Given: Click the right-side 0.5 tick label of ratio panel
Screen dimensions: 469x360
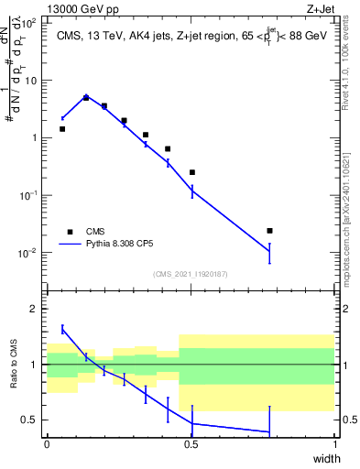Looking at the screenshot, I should coord(348,420).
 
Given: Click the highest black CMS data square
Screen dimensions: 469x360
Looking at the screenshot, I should coord(86,97).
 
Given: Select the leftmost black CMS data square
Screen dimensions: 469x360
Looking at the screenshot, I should coord(62,129).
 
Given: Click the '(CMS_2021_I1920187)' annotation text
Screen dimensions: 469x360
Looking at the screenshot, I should coord(191,274).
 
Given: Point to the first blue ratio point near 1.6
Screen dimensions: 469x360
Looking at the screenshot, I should coord(62,329).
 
